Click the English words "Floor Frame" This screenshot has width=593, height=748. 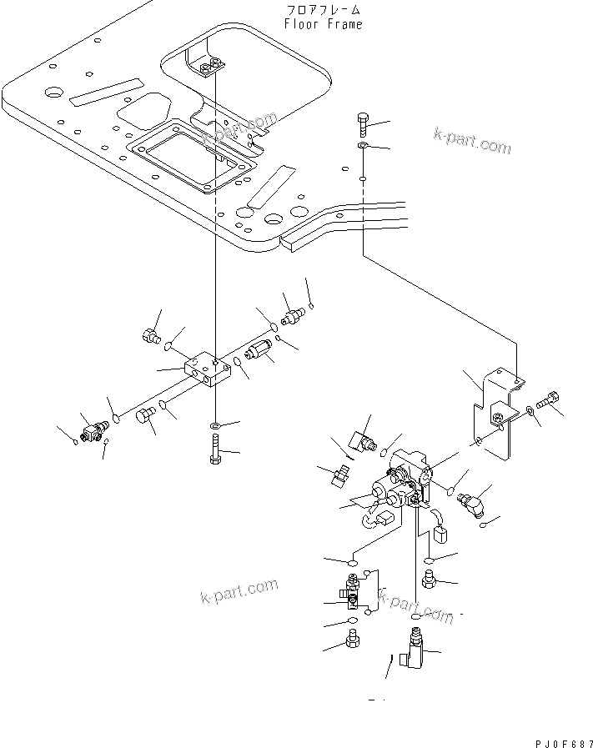point(323,24)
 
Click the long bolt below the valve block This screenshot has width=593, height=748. point(214,450)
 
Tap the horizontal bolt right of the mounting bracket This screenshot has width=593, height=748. point(549,402)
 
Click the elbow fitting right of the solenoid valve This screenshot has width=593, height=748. point(472,503)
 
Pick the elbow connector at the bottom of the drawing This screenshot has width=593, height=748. point(412,650)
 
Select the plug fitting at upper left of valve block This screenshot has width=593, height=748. point(150,337)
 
